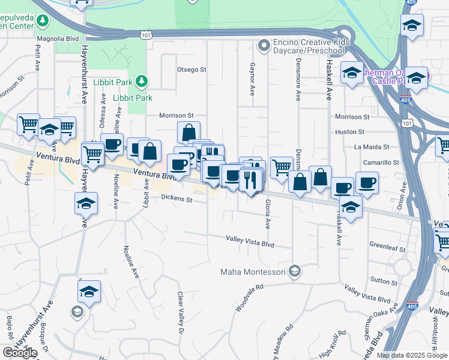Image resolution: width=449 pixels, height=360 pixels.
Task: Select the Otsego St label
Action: click(191, 70)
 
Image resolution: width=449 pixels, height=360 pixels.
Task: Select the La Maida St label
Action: click(372, 146)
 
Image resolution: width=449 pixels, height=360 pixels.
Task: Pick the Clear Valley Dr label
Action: click(179, 313)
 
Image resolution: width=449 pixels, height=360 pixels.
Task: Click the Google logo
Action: click(20, 353)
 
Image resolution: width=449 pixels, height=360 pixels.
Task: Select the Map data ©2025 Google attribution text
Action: click(412, 355)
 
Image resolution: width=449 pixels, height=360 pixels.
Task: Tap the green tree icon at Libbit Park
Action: click(140, 80)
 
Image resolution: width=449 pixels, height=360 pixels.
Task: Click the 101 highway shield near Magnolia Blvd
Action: click(146, 36)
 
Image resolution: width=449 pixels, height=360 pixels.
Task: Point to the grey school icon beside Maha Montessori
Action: click(294, 272)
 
